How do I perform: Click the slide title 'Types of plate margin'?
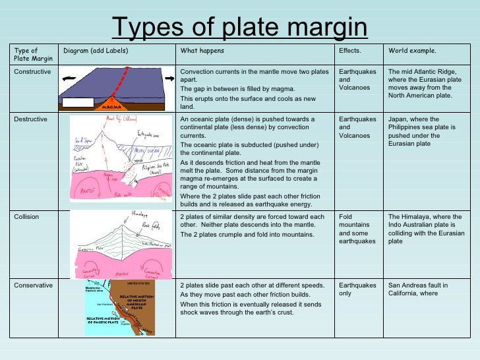tap(239, 28)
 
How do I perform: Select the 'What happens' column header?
tap(202, 51)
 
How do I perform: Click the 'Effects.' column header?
tap(349, 51)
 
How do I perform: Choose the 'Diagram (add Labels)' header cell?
tap(95, 51)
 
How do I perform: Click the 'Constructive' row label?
tap(32, 71)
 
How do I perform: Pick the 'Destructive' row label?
tap(30, 119)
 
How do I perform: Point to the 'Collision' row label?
tap(26, 216)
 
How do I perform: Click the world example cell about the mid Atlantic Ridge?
tap(425, 83)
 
